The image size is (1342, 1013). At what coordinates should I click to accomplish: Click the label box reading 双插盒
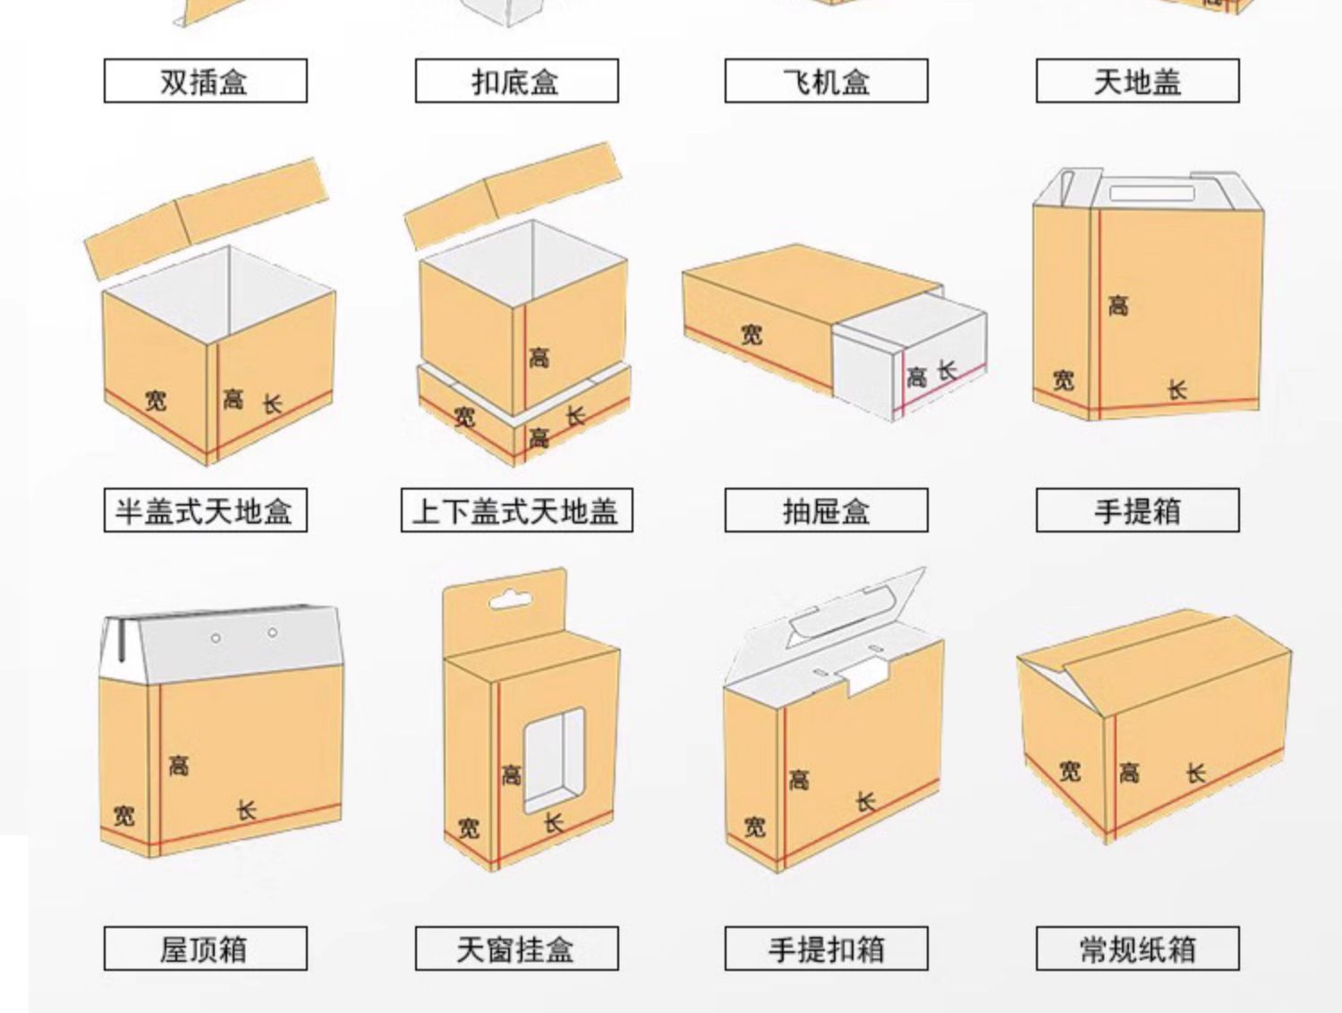pyautogui.click(x=205, y=81)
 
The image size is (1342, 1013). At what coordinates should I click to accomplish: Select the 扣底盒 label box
pyautogui.click(x=516, y=81)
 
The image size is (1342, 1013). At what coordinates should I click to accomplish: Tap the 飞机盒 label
pyautogui.click(x=826, y=81)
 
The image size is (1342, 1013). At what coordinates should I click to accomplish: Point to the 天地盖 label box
pyautogui.click(x=1137, y=81)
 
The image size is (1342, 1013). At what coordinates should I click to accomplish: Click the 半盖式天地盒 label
pyautogui.click(x=205, y=511)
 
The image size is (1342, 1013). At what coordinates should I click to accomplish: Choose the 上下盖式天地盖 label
pyautogui.click(x=516, y=511)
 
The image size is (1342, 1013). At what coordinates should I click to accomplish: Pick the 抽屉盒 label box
pyautogui.click(x=826, y=511)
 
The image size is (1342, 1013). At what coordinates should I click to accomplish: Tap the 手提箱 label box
pyautogui.click(x=1137, y=511)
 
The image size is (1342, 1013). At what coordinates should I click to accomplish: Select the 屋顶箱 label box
pyautogui.click(x=205, y=949)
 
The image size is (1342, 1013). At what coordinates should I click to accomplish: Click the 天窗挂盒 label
pyautogui.click(x=516, y=949)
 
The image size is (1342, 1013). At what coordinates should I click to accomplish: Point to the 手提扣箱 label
pyautogui.click(x=826, y=949)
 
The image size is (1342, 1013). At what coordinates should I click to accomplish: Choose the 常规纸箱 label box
pyautogui.click(x=1137, y=949)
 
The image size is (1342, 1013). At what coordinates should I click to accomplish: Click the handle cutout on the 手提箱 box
pyautogui.click(x=1152, y=193)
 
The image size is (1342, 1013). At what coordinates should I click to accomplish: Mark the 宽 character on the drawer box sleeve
pyautogui.click(x=752, y=335)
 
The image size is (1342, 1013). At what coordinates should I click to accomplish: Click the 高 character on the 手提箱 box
pyautogui.click(x=1118, y=306)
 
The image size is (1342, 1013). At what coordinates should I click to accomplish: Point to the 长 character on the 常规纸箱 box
pyautogui.click(x=1196, y=773)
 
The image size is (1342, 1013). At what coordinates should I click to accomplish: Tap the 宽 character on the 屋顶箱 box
pyautogui.click(x=124, y=815)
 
